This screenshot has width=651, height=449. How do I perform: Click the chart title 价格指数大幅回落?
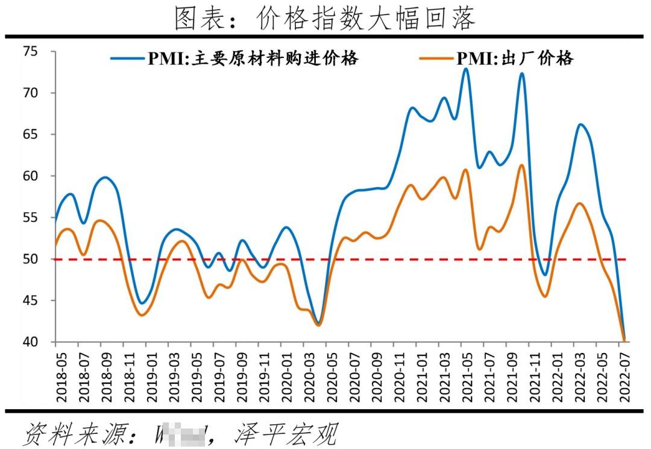click(325, 18)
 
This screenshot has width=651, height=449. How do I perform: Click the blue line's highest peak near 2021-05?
click(465, 69)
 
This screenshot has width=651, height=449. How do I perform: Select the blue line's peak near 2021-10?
click(521, 74)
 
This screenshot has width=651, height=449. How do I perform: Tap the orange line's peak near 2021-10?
click(522, 165)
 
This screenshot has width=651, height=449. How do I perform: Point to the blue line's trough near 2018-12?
click(141, 304)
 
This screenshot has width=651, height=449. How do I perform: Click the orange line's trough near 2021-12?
click(544, 296)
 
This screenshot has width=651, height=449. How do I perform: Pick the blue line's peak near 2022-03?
click(580, 124)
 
